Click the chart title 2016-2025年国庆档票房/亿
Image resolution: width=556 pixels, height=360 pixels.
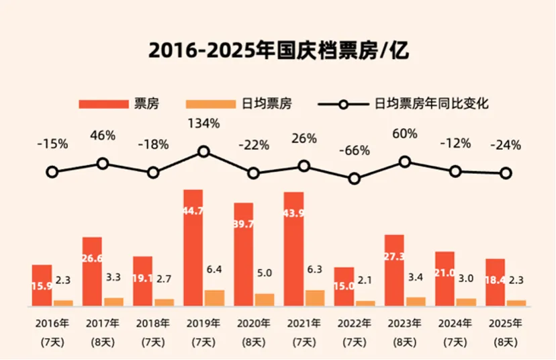point(278,50)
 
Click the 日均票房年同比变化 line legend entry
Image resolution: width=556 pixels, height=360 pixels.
point(403,104)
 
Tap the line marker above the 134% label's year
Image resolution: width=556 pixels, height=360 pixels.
point(203,152)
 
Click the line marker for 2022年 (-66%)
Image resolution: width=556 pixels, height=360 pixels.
point(355,179)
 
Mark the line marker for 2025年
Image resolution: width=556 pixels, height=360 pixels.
point(506,173)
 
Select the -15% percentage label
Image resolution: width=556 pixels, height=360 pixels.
point(52,144)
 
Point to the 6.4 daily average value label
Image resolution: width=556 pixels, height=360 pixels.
point(214,269)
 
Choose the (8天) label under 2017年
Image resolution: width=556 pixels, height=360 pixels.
point(103,342)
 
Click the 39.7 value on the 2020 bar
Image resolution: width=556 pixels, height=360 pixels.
point(243,224)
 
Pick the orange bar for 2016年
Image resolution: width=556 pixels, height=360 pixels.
point(63,303)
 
